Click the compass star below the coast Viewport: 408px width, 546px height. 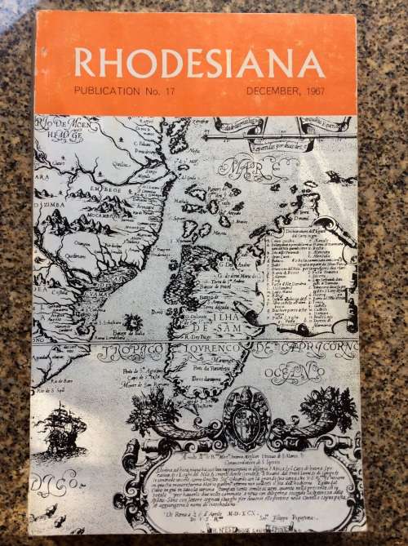(129, 323)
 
